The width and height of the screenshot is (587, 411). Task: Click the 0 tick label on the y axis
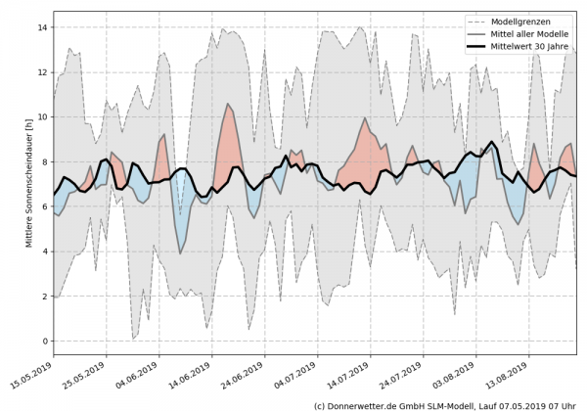[44, 341]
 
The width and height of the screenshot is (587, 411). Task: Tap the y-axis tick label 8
[44, 161]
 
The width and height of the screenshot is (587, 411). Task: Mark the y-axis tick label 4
[44, 251]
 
